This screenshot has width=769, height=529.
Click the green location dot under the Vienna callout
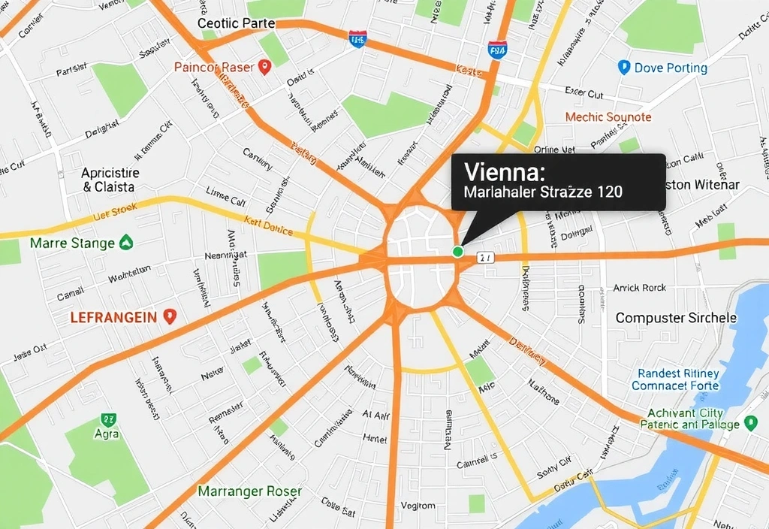[457, 252]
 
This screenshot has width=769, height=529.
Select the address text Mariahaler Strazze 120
[543, 192]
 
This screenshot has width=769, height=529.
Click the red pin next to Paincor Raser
[264, 68]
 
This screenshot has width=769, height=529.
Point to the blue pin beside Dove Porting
[623, 68]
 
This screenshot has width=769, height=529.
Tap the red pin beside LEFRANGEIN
[169, 316]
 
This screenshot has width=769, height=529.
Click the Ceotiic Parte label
[236, 23]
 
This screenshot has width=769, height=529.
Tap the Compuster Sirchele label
[676, 318]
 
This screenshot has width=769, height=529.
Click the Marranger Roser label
[250, 491]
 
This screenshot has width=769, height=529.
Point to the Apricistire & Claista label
[110, 180]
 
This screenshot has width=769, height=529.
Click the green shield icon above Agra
[107, 419]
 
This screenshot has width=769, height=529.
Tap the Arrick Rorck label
[639, 288]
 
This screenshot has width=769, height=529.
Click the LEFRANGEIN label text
[113, 317]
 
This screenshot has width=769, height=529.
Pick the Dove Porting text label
[671, 68]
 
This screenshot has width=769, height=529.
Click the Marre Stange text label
[72, 243]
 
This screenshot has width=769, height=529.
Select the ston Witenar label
[702, 185]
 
